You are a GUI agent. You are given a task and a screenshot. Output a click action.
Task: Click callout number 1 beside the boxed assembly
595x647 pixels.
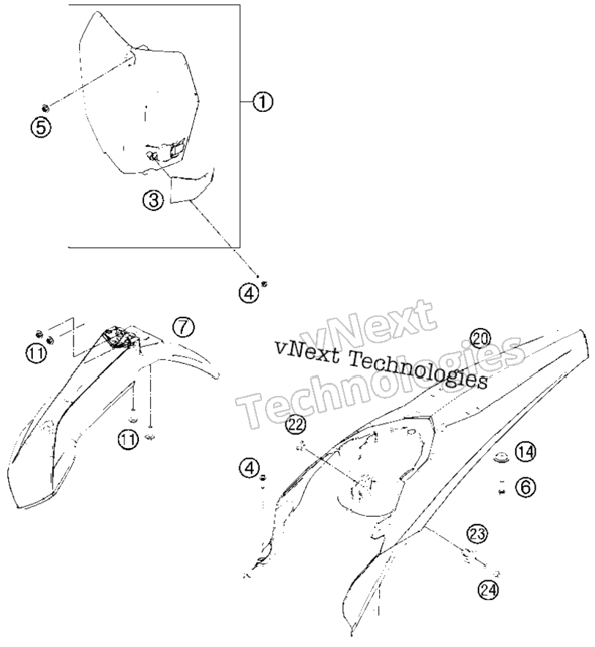263,102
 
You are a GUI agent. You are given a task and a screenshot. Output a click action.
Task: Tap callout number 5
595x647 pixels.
41,127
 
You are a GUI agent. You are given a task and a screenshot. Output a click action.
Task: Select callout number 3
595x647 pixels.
153,201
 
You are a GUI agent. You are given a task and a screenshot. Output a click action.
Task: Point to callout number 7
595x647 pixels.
183,327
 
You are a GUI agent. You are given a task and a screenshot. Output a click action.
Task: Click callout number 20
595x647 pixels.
480,338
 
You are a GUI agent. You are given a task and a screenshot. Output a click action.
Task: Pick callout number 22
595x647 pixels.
296,425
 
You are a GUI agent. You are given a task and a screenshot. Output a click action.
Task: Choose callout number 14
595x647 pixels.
525,452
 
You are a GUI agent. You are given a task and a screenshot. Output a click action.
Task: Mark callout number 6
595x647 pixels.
525,487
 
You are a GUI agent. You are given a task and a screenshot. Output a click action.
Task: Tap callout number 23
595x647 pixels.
476,534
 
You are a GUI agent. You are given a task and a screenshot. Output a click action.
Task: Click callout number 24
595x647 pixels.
487,590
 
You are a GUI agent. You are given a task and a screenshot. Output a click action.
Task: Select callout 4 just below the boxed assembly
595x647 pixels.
249,293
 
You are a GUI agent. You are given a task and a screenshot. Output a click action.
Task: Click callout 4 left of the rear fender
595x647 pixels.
250,468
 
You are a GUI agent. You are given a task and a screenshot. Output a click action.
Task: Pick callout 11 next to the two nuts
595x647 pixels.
37,354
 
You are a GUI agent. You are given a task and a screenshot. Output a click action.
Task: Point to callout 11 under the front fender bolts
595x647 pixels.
128,438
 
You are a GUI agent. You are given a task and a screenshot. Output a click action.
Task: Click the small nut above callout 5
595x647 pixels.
46,108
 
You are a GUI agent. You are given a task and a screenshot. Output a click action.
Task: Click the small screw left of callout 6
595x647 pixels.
502,491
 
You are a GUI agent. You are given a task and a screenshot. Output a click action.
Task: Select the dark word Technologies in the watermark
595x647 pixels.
419,370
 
